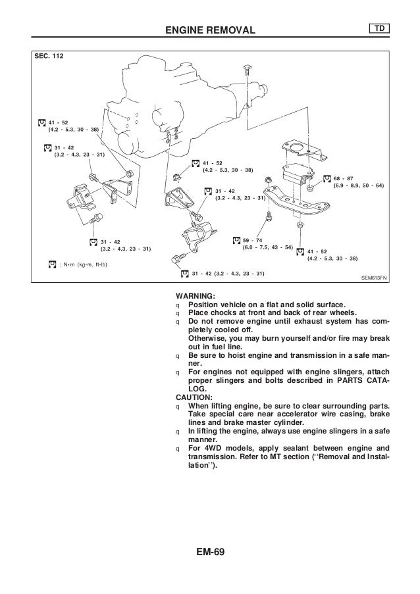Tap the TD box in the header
tap(380, 29)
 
